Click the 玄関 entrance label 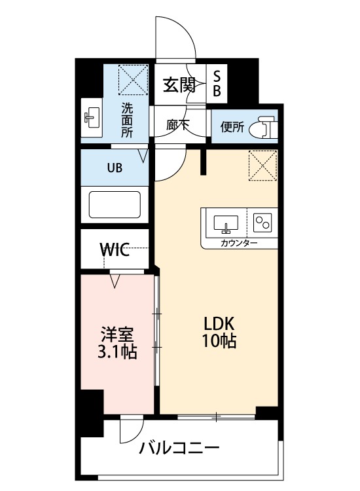coord(179,84)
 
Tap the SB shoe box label coord(217,83)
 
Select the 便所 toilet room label coord(232,127)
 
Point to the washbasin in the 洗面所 coord(92,117)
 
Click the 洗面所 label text coord(127,120)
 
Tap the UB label coord(115,168)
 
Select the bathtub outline coord(115,204)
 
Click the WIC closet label coord(115,249)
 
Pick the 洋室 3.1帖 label coord(117,342)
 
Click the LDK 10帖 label coord(219,332)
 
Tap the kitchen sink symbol coord(226,224)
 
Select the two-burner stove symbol coord(262,223)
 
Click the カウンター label coord(239,243)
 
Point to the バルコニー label coord(179,448)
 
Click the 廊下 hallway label coord(177,126)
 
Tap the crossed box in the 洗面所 coord(133,79)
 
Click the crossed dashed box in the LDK coord(262,166)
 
